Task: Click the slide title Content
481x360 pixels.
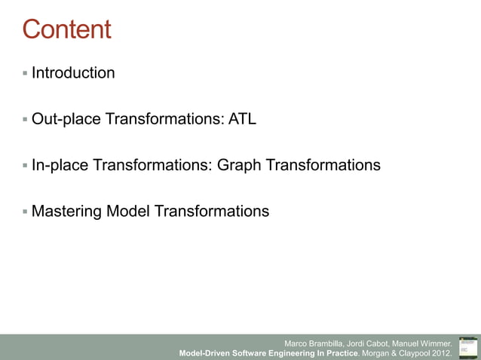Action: tap(66, 29)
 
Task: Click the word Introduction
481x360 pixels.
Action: tap(73, 73)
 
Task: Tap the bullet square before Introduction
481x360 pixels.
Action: tap(25, 73)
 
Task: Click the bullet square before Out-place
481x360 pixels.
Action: tap(25, 119)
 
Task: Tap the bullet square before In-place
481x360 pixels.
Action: tap(25, 165)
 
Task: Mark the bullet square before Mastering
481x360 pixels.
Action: tap(25, 211)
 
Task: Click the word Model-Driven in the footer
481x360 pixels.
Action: tap(205, 352)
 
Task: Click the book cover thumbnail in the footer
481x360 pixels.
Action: tap(467, 347)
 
